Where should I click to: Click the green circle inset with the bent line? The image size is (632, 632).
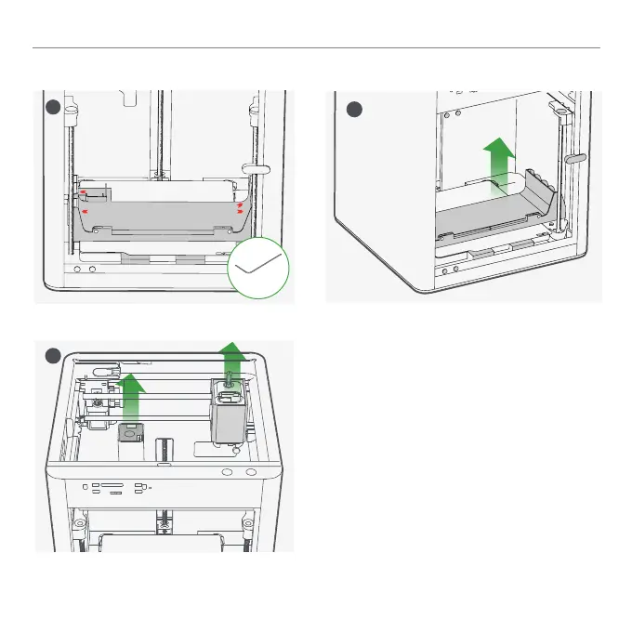(260, 269)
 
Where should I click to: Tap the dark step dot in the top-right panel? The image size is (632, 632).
(354, 110)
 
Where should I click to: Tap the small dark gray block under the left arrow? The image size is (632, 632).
(130, 432)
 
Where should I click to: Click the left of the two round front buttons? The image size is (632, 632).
(227, 472)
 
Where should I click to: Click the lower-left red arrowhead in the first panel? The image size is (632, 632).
(85, 213)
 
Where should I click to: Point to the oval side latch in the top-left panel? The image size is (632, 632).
(256, 168)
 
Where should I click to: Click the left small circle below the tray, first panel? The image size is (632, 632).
(78, 270)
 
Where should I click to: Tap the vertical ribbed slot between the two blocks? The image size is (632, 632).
(165, 449)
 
